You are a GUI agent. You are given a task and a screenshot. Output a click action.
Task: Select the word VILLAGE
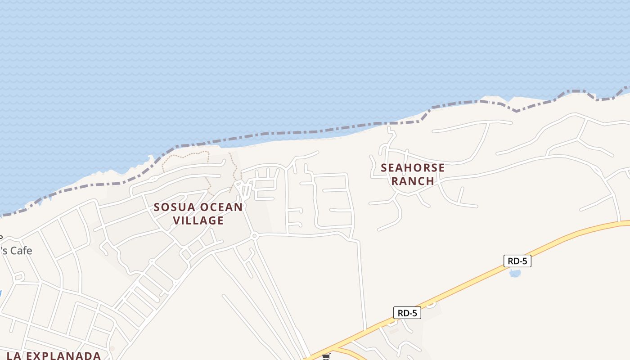198,220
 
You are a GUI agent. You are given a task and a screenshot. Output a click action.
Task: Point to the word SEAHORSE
413,168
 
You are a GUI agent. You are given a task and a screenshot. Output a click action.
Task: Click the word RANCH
413,181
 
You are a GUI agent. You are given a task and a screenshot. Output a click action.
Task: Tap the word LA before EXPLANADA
14,355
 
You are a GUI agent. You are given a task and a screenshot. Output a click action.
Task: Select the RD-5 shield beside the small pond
517,261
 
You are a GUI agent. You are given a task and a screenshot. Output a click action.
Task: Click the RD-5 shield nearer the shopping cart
407,313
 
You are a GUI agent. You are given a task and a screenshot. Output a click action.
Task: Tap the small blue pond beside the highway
515,273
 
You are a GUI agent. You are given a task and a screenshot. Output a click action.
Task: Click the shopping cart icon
326,356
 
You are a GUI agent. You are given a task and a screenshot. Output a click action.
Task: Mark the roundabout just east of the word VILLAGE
254,235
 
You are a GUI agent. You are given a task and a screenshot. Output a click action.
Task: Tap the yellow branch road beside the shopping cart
349,353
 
